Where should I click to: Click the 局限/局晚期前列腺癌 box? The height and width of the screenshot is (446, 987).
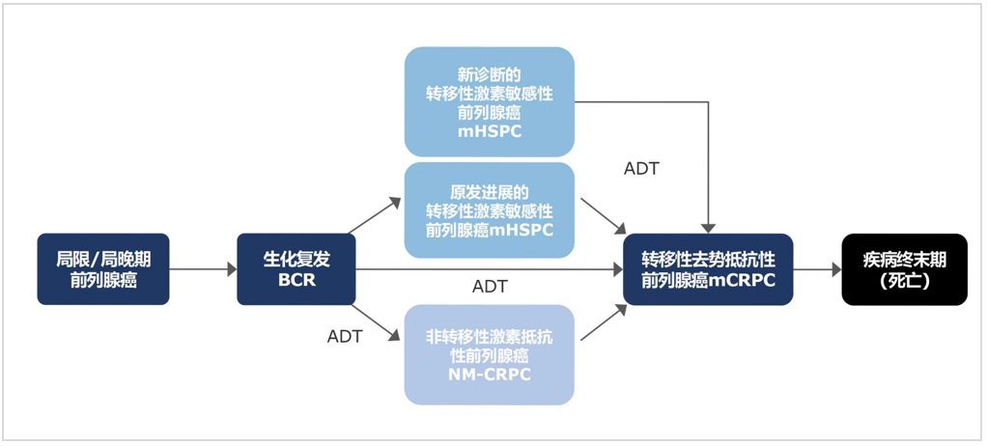[x=103, y=269]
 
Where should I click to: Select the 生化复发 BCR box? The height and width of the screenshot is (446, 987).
[x=296, y=269]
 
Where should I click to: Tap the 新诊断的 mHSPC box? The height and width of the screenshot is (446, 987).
[x=489, y=101]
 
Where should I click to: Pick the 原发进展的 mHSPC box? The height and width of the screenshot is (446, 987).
[x=489, y=210]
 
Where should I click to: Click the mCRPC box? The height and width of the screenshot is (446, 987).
[x=708, y=269]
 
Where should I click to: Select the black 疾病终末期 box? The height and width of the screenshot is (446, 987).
[x=904, y=269]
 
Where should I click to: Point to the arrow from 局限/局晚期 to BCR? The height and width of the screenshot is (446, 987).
[x=203, y=269]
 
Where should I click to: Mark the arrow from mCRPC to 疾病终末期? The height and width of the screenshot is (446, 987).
[x=817, y=270]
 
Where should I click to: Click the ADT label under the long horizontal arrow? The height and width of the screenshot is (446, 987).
[x=490, y=287]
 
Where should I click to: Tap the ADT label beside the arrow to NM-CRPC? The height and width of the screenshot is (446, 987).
[x=345, y=336]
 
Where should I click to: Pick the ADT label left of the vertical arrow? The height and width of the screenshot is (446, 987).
[x=641, y=169]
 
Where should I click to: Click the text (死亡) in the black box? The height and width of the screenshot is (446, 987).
[x=904, y=281]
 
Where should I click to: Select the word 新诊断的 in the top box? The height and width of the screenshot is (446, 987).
[x=490, y=74]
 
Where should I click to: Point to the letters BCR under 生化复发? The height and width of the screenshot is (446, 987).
[x=296, y=281]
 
